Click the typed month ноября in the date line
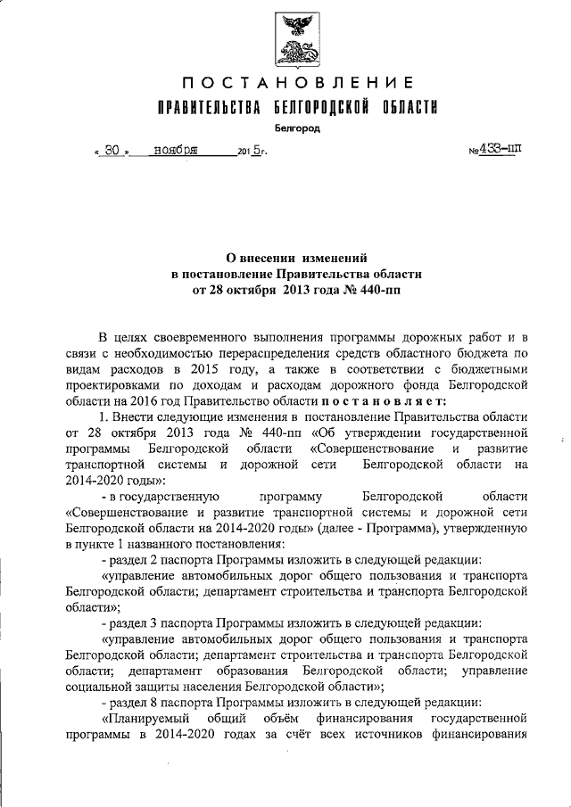coord(175,151)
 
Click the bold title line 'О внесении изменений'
coord(296,258)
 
